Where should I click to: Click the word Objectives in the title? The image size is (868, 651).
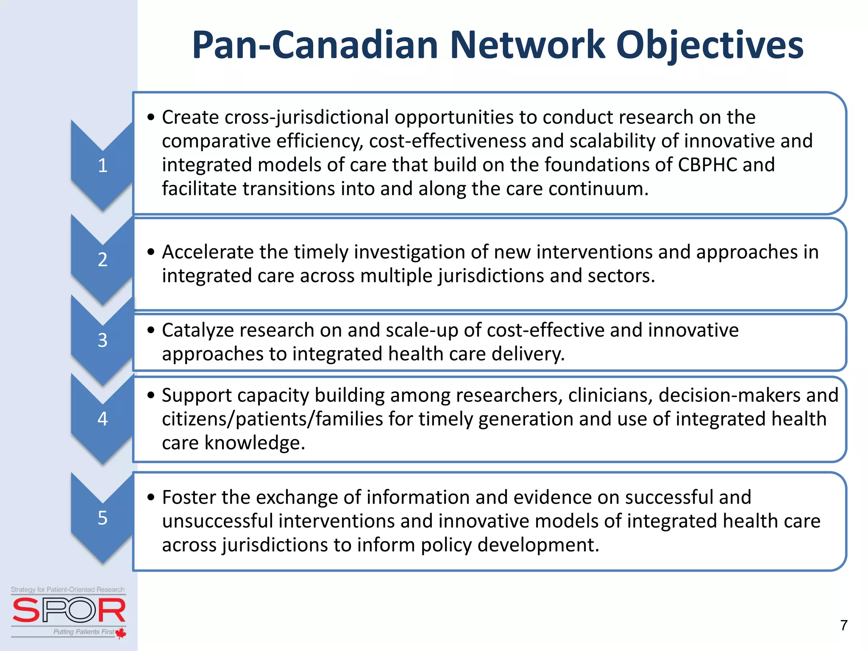coord(709,46)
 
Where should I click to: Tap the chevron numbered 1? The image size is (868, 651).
coord(103,165)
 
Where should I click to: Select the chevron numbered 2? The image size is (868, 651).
coord(103,259)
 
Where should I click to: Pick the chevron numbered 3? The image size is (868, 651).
coord(103,340)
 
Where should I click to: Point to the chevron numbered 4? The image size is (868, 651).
coord(103,419)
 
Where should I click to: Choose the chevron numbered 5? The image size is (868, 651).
coord(103,518)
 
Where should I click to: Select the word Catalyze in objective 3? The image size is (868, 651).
coord(201,330)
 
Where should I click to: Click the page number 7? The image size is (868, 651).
coord(843,626)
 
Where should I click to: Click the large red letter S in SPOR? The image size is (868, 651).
coord(26,610)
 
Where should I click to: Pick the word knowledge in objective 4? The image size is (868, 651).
coord(254,443)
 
